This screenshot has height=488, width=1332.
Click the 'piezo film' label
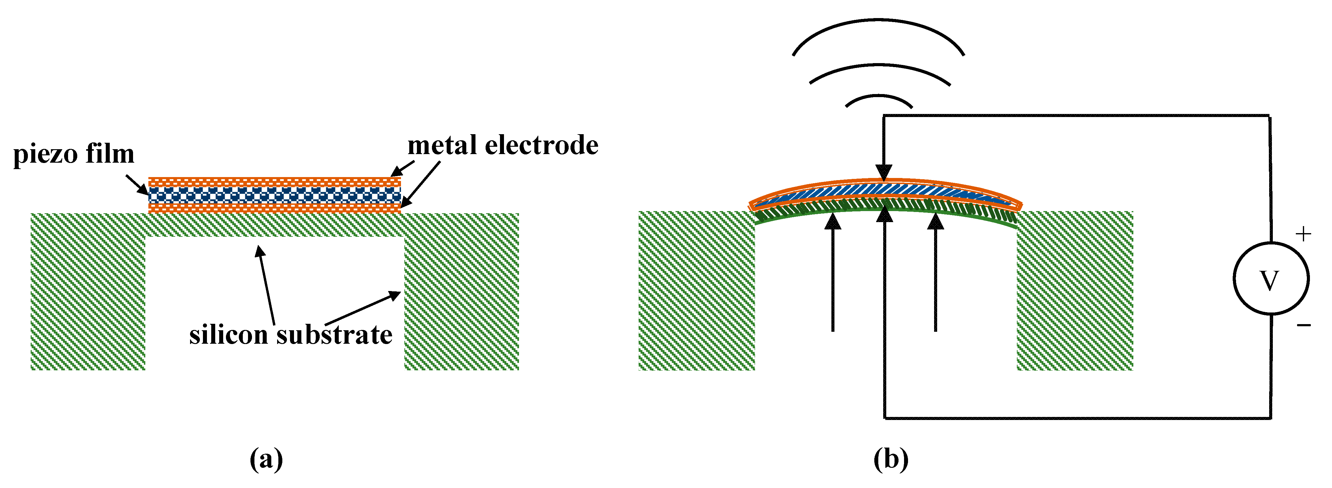point(74,154)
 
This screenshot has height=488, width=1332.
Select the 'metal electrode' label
point(502,145)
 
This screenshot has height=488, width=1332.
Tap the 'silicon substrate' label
point(291,335)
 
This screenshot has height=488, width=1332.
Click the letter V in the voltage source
point(1270,281)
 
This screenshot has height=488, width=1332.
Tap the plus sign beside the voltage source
point(1303,234)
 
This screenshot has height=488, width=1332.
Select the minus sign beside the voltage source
point(1303,325)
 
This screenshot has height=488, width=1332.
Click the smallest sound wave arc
point(879,98)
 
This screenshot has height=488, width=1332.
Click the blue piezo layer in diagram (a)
point(274,195)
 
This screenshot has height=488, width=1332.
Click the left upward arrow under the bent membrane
point(833,274)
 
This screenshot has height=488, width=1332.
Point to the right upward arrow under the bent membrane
point(935,274)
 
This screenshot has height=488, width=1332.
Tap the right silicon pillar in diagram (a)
point(461,300)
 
